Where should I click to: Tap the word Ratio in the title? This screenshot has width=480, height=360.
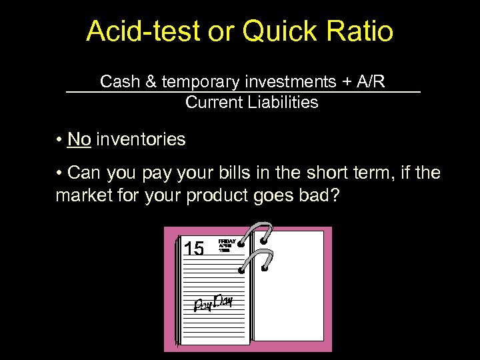359,31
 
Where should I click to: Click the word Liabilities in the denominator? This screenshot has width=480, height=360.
283,103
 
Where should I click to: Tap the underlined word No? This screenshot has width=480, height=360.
79,139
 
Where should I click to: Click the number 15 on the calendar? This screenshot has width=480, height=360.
193,249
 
